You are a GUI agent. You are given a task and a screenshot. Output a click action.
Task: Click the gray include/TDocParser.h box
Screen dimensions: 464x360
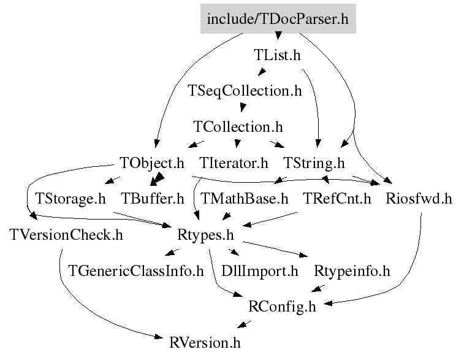278,18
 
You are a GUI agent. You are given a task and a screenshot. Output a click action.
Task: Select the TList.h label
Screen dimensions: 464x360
277,55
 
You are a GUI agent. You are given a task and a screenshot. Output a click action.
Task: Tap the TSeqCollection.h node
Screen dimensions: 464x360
245,91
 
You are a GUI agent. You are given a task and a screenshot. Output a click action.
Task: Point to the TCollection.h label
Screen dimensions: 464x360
238,127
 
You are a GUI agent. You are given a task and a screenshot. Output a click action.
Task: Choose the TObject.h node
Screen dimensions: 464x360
152,163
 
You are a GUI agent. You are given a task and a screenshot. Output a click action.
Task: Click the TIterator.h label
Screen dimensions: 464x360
234,163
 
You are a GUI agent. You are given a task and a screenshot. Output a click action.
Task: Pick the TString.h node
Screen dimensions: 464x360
314,163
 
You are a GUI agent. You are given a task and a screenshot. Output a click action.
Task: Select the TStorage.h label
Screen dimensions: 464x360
70,199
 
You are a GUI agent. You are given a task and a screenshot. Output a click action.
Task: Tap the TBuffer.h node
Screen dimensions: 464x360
153,199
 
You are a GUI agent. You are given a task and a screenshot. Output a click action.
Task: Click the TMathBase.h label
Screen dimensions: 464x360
245,199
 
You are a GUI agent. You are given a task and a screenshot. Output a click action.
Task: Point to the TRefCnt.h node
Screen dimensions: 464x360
337,199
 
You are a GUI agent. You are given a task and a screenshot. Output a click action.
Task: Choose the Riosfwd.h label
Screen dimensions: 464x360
419,199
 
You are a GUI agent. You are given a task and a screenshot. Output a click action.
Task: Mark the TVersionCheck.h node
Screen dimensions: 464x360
66,235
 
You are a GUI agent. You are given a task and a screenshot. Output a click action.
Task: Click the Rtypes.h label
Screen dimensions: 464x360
205,235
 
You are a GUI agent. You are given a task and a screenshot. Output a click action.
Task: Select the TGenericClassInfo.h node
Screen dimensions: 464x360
136,271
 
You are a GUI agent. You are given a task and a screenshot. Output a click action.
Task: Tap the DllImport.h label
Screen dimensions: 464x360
259,271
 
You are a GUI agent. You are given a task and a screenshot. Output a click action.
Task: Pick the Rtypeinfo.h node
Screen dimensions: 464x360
352,271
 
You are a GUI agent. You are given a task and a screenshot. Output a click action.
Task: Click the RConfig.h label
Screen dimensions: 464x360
282,307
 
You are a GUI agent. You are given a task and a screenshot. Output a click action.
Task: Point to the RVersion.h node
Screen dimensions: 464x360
205,343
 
